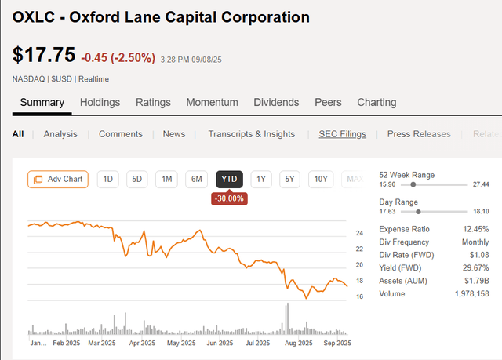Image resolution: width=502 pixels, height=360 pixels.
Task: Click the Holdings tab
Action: click(x=100, y=102)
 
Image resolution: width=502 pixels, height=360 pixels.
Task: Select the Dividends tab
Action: click(x=276, y=102)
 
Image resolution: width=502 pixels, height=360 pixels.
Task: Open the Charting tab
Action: click(x=376, y=102)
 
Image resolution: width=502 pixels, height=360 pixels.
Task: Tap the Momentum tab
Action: click(x=212, y=102)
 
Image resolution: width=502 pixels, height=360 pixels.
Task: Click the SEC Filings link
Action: click(x=342, y=134)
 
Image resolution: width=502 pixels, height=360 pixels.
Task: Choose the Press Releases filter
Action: click(x=419, y=134)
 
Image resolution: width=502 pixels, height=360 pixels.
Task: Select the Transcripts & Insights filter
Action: click(x=251, y=134)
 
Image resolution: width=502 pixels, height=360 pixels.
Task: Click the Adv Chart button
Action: click(x=58, y=180)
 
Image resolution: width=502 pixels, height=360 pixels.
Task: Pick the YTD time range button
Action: click(x=229, y=180)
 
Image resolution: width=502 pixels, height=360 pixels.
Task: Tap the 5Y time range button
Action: click(x=290, y=180)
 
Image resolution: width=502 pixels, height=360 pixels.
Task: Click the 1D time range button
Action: click(x=108, y=180)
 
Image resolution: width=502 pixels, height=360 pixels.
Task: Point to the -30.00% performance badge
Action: click(x=229, y=198)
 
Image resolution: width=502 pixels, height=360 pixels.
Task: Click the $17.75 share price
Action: click(x=44, y=55)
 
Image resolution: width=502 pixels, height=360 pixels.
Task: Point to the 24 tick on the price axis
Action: click(x=359, y=233)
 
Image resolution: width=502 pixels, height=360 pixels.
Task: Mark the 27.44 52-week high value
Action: click(x=480, y=184)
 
